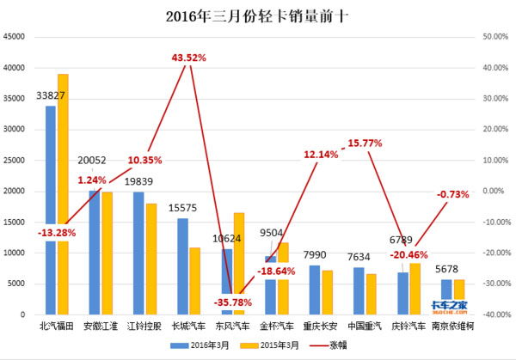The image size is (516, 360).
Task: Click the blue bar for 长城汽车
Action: click(183, 266)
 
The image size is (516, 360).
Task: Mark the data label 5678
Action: click(452, 268)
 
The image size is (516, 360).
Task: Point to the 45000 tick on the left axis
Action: click(14, 37)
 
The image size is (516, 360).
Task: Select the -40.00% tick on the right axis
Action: click(494, 315)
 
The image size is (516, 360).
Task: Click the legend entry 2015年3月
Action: click(273, 345)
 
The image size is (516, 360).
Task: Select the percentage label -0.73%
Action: click(452, 195)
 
